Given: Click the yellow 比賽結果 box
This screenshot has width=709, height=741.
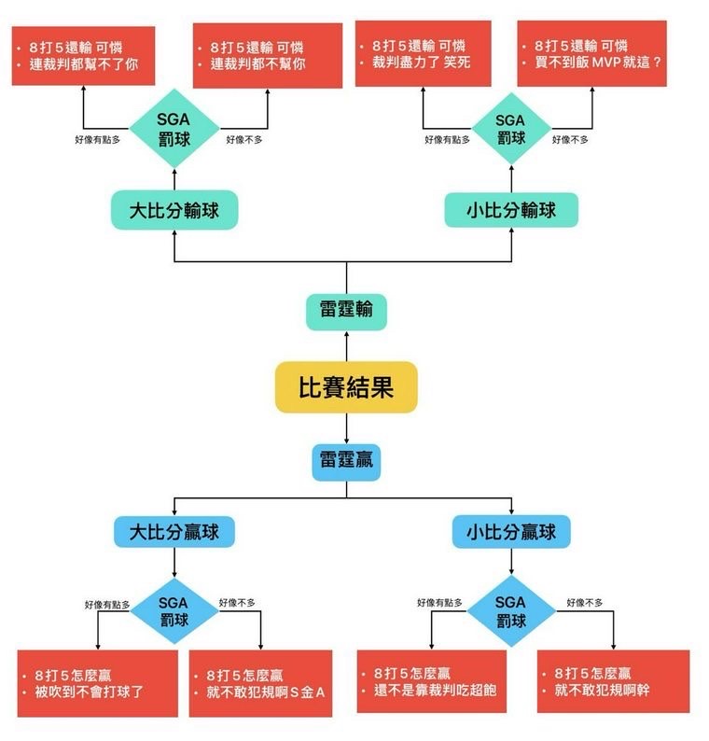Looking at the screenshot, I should point(346,387).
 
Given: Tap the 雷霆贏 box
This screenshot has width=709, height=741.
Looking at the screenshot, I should point(346,461).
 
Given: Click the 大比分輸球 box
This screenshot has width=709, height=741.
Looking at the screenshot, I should point(174,210).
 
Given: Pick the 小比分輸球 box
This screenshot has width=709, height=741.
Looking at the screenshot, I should point(511,210).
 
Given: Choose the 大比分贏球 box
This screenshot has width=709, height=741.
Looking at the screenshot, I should point(174,532).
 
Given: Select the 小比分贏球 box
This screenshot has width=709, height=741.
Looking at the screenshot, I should point(511,532).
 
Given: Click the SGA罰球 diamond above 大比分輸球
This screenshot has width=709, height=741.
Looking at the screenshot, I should point(174,128).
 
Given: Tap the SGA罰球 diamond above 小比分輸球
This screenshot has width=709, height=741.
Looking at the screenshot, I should point(510,128).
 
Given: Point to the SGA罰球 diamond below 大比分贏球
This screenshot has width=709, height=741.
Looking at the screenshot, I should point(174,612).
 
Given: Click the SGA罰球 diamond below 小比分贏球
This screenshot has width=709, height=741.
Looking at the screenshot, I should point(510,612).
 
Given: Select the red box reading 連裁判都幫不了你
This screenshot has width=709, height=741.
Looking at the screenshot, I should point(83,56).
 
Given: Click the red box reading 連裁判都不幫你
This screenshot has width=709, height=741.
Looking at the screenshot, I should point(261,56).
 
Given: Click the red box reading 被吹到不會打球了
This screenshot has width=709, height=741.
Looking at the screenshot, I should point(97,683).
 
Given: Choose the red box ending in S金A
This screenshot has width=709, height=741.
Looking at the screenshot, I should point(260,683).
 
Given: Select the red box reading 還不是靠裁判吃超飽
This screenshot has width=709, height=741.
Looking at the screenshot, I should point(431,681).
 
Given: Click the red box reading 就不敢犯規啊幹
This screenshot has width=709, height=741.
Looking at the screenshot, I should point(613,681).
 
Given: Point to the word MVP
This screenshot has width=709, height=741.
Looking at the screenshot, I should point(610,63).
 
